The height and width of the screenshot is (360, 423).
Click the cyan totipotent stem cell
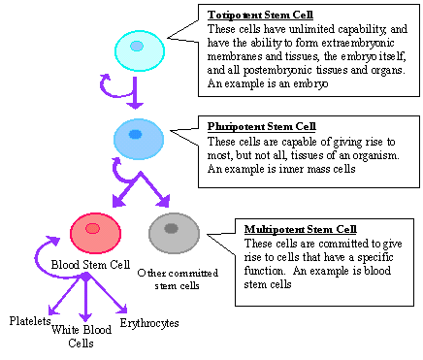pos(139,49)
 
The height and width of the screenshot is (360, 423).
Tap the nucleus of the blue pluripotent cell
pos(136,134)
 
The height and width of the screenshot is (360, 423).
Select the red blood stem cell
pos(95,231)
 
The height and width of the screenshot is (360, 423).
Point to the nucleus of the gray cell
pos(172,228)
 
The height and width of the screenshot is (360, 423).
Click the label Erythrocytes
pos(148,322)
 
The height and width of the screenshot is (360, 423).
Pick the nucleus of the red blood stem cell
pos(92,228)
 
